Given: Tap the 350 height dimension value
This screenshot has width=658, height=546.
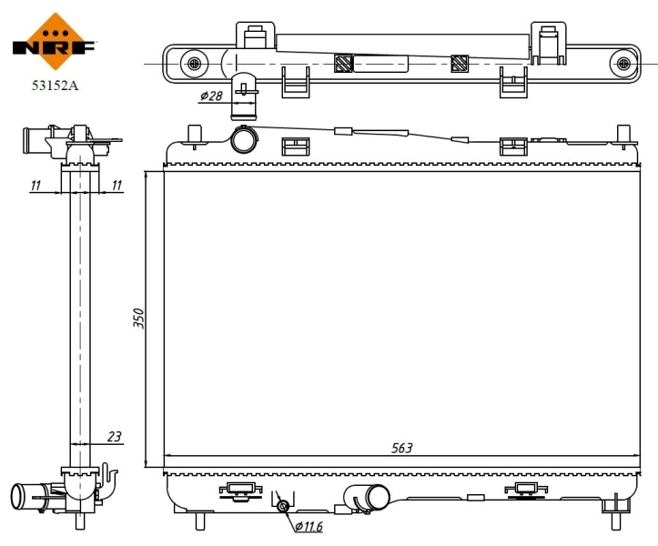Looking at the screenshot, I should tap(139, 318).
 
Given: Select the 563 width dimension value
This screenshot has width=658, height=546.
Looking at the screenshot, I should tap(401, 447).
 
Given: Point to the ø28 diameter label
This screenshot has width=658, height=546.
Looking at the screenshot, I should tap(210, 96).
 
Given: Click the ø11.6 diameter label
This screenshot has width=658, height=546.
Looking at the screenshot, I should tap(308, 526).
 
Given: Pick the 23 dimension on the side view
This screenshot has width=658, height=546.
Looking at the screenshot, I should tap(114, 437).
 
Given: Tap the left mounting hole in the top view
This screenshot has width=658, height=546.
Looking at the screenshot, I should tap(193, 64).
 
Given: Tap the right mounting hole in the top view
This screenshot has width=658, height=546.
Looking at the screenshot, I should tap(623, 64).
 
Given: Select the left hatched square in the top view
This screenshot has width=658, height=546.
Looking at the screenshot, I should tap(343, 64).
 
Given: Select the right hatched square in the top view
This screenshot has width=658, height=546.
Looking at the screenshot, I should tap(459, 64).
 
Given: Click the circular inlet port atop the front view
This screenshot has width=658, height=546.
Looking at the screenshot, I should tap(244, 140).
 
